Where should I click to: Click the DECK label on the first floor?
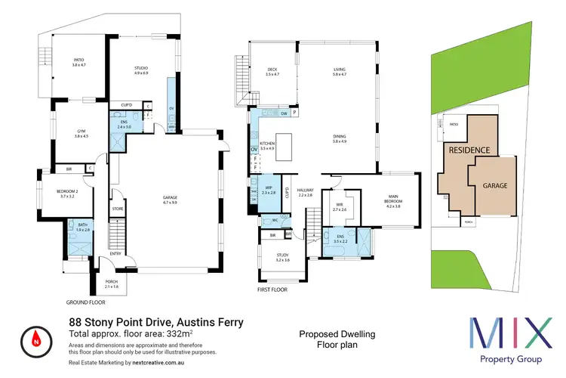click(272, 72)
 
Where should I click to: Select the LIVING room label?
click(340, 72)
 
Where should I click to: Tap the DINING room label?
click(340, 137)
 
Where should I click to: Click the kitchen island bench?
click(284, 143)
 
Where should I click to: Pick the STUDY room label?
click(284, 257)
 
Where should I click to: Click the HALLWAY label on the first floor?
click(305, 192)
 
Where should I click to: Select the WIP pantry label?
click(269, 189)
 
